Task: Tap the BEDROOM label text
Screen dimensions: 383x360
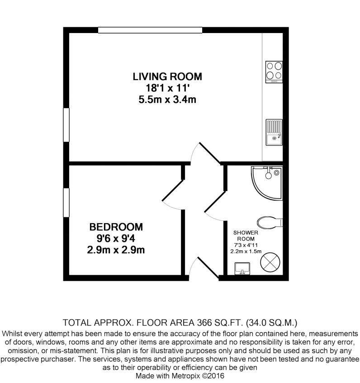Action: [x=116, y=226]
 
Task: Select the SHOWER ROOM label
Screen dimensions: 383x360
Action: [x=245, y=235]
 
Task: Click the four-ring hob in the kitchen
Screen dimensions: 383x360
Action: [x=274, y=71]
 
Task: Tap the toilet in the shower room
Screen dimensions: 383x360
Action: [x=269, y=223]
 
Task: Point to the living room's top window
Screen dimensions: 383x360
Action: [x=150, y=30]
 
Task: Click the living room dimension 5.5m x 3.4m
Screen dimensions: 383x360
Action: [x=167, y=100]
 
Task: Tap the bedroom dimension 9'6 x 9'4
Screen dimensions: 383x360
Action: [x=116, y=238]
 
